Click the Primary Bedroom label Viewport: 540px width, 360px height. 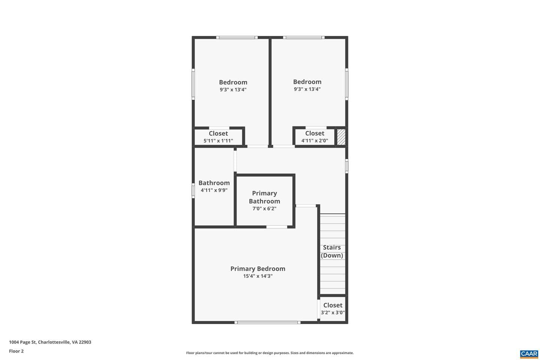[x=258, y=268]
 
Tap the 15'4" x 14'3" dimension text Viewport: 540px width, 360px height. [x=258, y=276]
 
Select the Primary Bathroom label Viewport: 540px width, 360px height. [x=264, y=197]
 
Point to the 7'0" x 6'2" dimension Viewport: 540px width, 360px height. [x=264, y=208]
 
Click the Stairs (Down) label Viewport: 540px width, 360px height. [x=332, y=251]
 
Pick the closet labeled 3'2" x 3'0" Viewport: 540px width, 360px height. [x=333, y=309]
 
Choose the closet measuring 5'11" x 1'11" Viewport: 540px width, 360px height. [x=218, y=137]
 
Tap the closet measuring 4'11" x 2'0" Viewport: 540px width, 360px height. [x=315, y=137]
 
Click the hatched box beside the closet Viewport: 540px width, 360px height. [x=341, y=137]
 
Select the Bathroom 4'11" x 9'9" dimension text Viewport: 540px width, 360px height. [x=214, y=190]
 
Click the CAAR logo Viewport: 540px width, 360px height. [x=529, y=354]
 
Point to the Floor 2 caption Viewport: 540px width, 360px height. [x=16, y=351]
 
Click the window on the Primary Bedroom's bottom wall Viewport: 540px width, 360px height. [x=268, y=322]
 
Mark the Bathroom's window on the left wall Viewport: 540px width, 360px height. [x=193, y=191]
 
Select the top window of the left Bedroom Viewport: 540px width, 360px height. [x=237, y=37]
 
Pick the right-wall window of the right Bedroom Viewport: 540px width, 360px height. [x=346, y=84]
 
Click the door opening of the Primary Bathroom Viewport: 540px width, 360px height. [x=277, y=227]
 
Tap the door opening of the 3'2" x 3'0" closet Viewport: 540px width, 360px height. [x=318, y=309]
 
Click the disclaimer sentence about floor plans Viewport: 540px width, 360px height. [x=270, y=353]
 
